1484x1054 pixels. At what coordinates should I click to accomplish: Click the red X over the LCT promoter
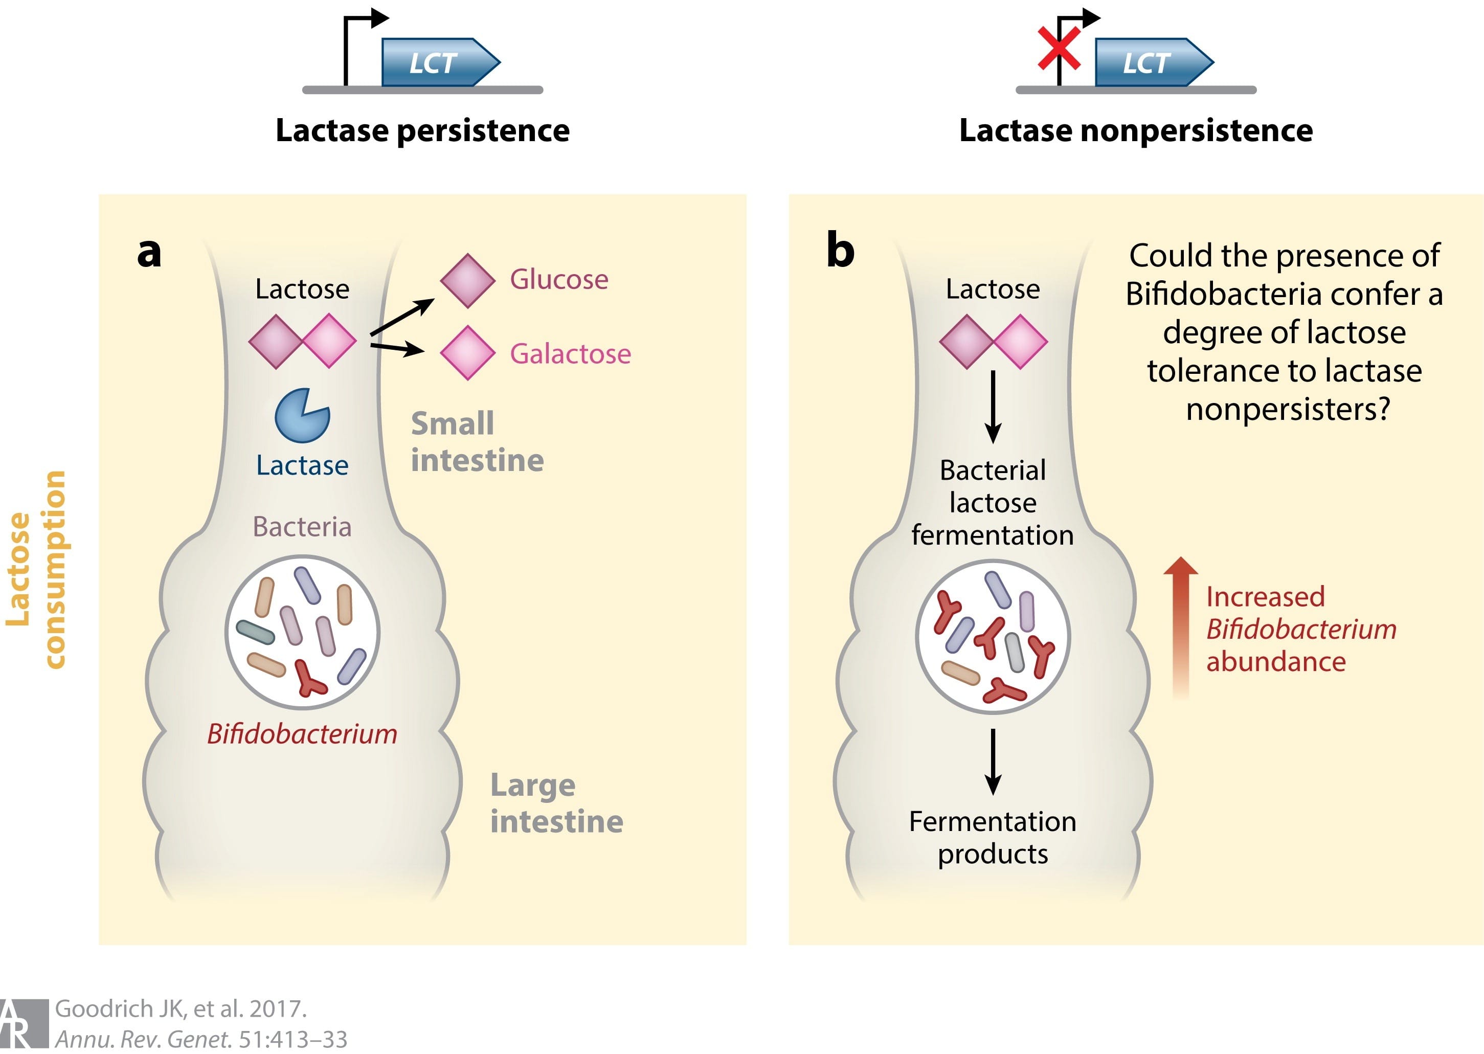[1059, 48]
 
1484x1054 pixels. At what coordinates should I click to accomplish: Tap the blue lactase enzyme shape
[301, 416]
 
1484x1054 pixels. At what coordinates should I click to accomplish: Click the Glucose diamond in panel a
[467, 280]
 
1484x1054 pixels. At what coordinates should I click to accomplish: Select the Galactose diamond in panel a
[467, 353]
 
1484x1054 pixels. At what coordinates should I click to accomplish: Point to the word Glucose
[559, 280]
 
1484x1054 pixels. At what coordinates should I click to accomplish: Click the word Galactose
[570, 354]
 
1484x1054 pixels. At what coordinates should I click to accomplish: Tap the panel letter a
[149, 253]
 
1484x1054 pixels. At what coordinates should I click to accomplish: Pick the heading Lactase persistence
[422, 130]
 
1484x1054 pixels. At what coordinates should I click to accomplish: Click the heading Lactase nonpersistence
[1136, 130]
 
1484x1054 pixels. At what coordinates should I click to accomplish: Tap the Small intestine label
[477, 442]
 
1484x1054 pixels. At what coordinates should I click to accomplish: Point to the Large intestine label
[556, 803]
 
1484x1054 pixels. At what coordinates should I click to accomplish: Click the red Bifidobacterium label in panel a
[302, 734]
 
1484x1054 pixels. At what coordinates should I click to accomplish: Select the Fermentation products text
[992, 838]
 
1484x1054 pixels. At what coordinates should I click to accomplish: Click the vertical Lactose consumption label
[36, 569]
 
